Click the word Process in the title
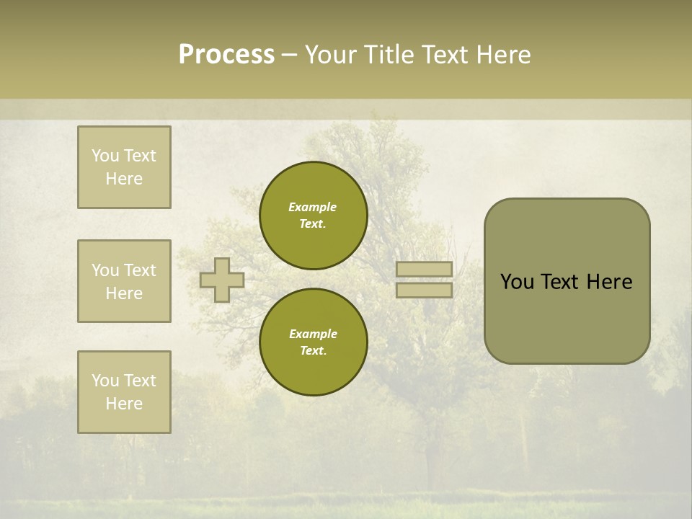226,55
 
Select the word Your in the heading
330,55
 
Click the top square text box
124,167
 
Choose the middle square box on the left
124,281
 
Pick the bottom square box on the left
124,392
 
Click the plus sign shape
222,280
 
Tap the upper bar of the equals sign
425,269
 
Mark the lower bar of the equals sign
425,290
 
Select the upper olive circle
314,216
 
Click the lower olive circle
314,342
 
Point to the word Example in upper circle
313,207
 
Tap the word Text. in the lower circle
313,351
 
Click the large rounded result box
567,281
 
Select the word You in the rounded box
517,282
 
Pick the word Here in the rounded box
609,282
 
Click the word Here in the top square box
124,179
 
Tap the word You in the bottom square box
105,381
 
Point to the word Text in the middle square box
139,270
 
